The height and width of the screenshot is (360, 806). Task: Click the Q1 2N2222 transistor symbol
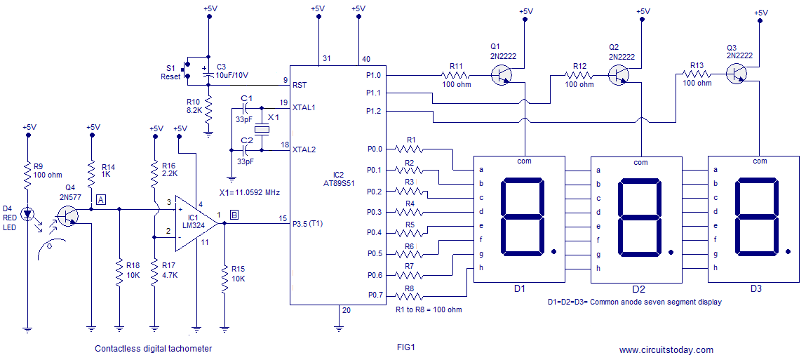click(502, 74)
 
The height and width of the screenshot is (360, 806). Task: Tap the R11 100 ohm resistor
click(456, 74)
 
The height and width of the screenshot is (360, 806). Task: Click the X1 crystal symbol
click(261, 129)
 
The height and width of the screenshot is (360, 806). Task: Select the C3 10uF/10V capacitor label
click(232, 70)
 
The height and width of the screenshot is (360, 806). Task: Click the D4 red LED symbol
click(29, 212)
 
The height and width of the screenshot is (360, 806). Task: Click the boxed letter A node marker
click(101, 200)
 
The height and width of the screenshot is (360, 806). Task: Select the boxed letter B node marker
click(234, 215)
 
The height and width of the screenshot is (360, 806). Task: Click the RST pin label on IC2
click(300, 85)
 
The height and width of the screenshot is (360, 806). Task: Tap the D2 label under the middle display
click(638, 289)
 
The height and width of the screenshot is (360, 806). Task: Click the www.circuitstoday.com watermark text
click(666, 349)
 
